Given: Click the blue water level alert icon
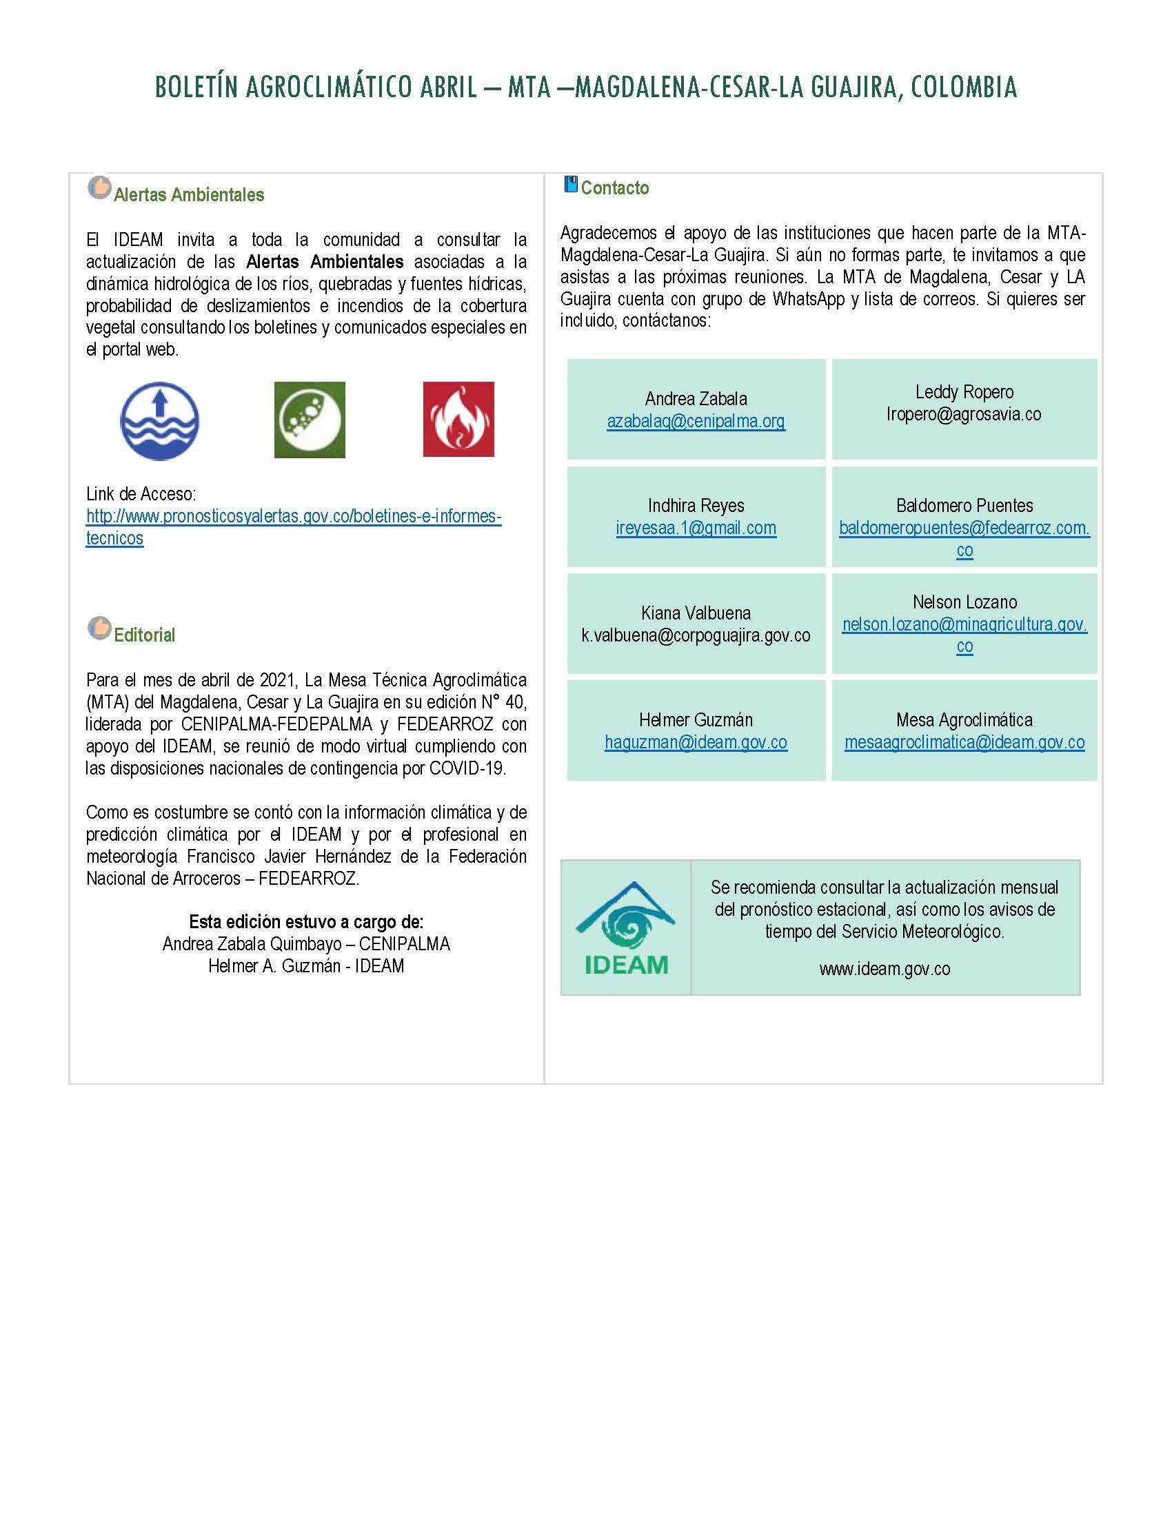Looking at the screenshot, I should tap(159, 420).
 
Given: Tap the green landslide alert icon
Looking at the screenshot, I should tap(309, 419).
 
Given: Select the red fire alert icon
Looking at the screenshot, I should tap(458, 419).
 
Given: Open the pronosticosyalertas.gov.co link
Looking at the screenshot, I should tap(293, 516).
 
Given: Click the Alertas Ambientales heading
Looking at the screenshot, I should tap(189, 195).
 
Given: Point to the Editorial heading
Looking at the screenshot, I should tap(144, 635).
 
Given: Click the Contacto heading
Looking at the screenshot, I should tap(614, 188).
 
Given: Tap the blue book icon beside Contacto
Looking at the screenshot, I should tap(570, 185).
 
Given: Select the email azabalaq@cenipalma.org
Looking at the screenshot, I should tap(696, 421).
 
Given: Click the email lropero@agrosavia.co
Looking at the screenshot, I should tap(964, 414).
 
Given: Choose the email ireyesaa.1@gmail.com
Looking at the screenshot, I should tap(696, 529).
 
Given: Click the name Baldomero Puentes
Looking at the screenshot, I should tap(964, 505).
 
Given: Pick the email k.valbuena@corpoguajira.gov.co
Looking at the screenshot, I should tap(696, 635).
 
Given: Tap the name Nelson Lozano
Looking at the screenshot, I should tap(964, 602).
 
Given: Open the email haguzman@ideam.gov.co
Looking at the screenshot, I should tap(696, 743).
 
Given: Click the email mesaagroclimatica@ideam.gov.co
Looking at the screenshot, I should tap(964, 743).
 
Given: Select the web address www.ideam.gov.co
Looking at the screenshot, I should tap(885, 969).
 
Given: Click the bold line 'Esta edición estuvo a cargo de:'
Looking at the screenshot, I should tap(306, 922).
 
